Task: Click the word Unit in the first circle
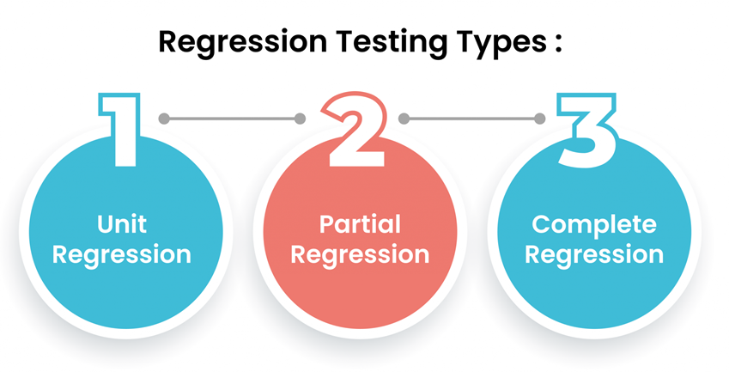click(121, 224)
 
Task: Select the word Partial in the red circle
click(360, 224)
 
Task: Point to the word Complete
click(594, 224)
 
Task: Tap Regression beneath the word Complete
click(594, 254)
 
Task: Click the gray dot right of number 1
click(164, 119)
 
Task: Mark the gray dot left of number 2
click(300, 119)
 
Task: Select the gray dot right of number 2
click(404, 119)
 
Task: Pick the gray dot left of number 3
click(540, 119)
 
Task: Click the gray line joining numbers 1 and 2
click(232, 119)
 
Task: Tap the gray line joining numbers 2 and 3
click(472, 119)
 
